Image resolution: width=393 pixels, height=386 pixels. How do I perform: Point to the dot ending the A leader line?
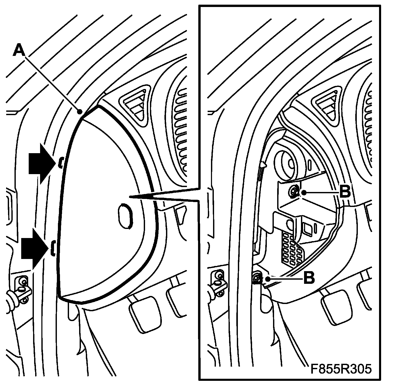[80, 112]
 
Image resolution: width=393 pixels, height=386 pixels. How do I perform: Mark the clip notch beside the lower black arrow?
[53, 248]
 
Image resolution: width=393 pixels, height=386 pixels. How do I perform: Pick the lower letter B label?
[309, 278]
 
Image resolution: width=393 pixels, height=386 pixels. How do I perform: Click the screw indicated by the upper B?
[294, 192]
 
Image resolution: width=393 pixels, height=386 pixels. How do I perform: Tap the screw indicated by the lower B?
[257, 279]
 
